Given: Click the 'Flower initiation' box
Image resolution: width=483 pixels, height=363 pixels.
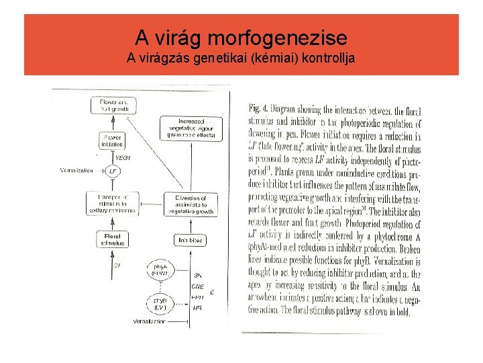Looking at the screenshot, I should coord(111,140).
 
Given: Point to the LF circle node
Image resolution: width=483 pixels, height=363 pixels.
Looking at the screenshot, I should coord(113,171).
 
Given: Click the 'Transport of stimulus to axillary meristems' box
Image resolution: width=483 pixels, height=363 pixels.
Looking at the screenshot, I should coord(112,203).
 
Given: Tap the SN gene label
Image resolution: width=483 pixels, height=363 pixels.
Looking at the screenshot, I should coord(197,276).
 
